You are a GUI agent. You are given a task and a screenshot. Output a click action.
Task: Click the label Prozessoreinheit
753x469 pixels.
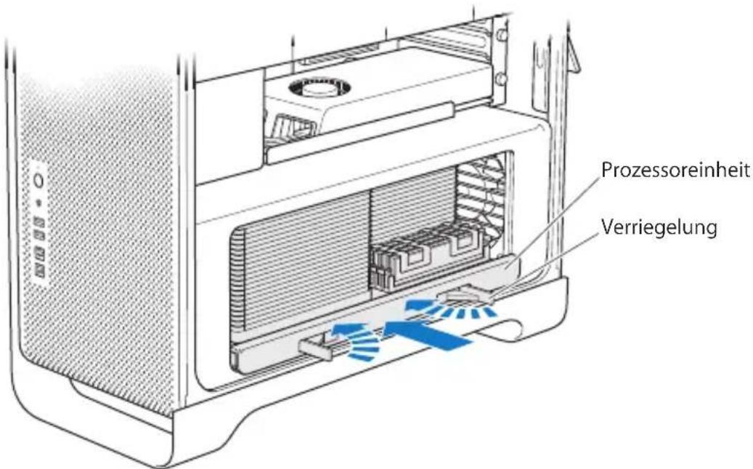click(675, 171)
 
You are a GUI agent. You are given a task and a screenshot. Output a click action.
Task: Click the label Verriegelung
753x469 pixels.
click(659, 227)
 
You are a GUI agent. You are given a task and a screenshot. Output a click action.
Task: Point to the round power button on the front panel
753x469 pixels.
click(38, 181)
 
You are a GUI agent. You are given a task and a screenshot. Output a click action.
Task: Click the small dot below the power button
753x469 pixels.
click(39, 202)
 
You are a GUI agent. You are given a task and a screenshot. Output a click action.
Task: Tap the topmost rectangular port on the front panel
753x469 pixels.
click(39, 223)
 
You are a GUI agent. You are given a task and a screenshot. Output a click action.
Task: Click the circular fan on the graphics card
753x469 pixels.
click(319, 89)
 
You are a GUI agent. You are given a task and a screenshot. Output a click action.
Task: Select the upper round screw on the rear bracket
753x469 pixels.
click(500, 35)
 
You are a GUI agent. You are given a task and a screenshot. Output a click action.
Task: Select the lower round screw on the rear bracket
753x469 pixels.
click(500, 78)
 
